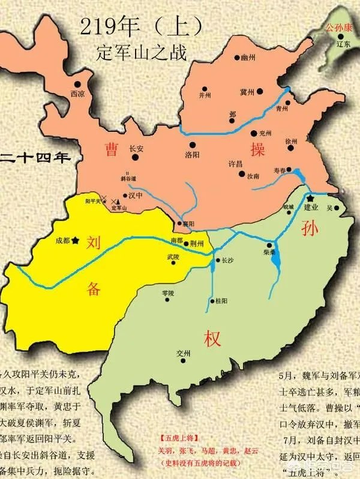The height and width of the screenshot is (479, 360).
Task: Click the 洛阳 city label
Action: click(192, 154)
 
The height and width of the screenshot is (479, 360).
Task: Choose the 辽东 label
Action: click(343, 44)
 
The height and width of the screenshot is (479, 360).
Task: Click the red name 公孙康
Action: click(338, 28)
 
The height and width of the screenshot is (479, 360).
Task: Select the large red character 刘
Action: click(93, 243)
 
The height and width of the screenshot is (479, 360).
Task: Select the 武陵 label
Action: click(173, 257)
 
